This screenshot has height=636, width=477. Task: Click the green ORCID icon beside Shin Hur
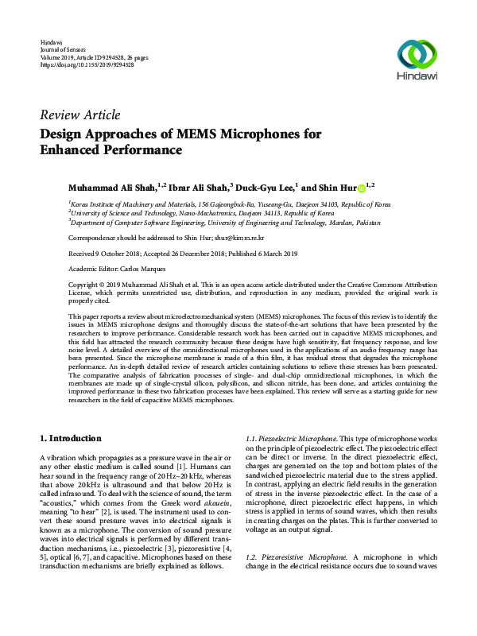[x=361, y=188]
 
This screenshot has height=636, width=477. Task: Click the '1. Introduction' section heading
[x=71, y=438]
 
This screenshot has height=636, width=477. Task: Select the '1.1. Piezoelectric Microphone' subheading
[x=293, y=439]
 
